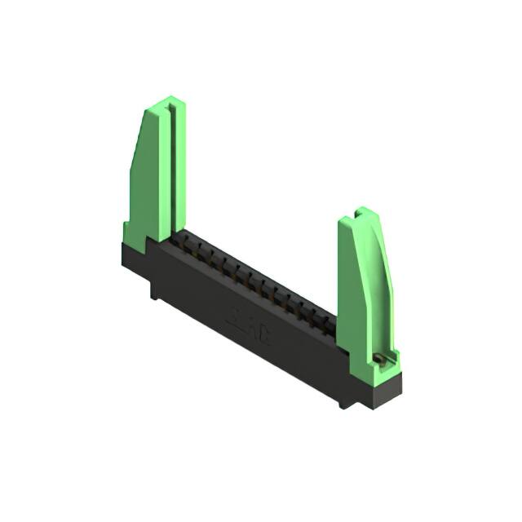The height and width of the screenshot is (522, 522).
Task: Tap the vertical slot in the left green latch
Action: pos(170,163)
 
